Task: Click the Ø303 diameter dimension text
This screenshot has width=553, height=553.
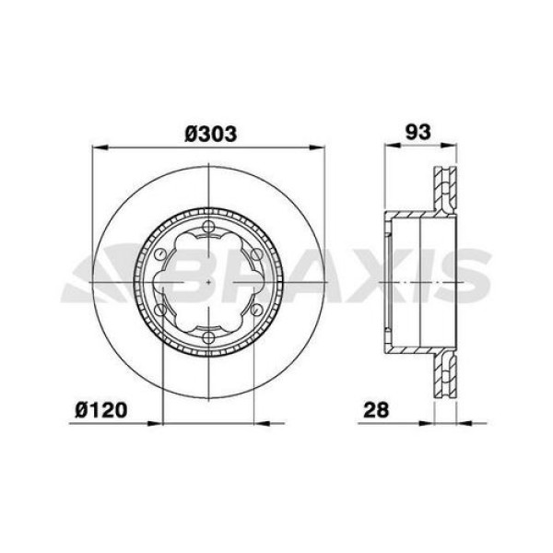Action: [x=211, y=134]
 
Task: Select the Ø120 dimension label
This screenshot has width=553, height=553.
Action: [x=101, y=407]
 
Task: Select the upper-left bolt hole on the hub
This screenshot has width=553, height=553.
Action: [x=162, y=254]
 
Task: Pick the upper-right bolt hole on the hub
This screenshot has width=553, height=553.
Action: [x=259, y=254]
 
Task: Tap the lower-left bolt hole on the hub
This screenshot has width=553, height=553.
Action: [x=162, y=310]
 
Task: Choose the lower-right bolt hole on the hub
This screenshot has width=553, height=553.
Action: [x=259, y=310]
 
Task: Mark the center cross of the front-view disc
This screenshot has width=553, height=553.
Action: [x=210, y=282]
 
